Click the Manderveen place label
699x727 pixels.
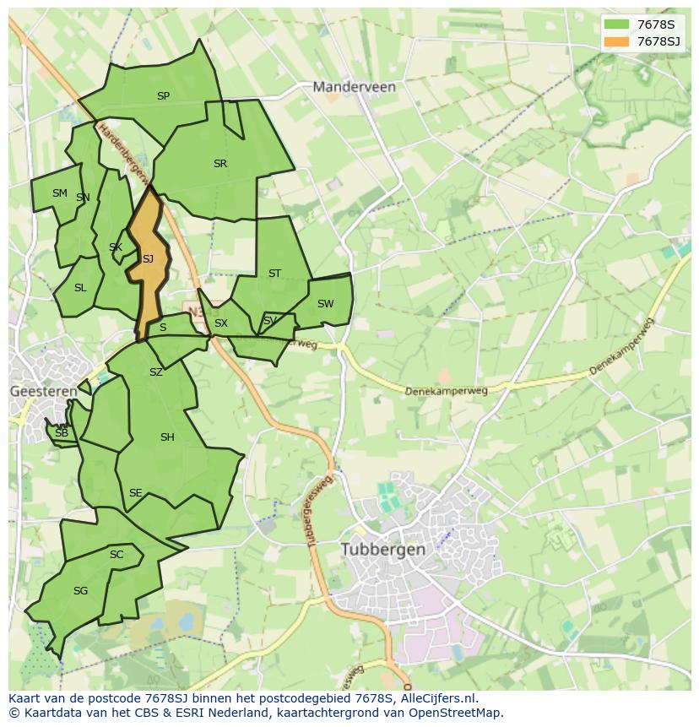354,87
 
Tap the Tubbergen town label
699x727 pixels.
383,549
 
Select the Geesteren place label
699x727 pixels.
43,392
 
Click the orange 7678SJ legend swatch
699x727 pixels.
617,41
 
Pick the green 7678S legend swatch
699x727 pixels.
617,25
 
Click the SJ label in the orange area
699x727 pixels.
148,259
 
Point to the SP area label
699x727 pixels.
163,96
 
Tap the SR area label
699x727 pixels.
220,164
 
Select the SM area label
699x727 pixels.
59,193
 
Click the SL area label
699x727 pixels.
80,288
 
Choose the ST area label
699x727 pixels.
274,274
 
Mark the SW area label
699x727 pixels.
325,304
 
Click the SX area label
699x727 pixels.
221,323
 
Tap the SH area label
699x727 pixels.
167,437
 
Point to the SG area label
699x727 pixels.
80,591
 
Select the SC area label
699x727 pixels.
116,555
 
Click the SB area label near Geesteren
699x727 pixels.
61,433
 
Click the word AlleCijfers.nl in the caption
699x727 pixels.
439,698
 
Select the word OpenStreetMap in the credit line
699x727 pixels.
456,713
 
